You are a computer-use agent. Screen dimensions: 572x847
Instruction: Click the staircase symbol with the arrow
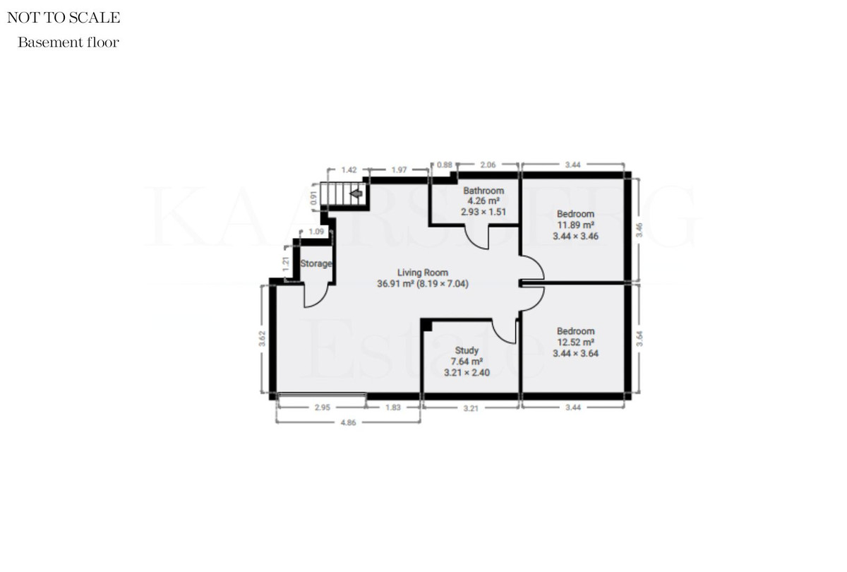pos(344,193)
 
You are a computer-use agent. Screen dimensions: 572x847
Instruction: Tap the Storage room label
pos(316,264)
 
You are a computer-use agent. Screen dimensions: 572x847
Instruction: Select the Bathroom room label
pos(483,191)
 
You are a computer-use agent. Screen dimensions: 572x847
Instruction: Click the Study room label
pos(467,350)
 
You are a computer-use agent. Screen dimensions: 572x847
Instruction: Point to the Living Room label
pos(422,273)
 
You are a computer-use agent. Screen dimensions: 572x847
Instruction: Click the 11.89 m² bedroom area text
pos(575,225)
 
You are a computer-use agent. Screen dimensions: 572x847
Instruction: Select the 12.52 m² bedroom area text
pos(575,342)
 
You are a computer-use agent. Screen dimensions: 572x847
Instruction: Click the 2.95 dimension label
pos(321,408)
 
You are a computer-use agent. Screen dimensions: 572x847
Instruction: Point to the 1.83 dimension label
pos(393,408)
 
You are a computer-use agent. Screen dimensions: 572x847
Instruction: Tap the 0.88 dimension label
pos(445,165)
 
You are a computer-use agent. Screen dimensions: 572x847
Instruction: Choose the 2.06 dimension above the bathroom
pos(488,165)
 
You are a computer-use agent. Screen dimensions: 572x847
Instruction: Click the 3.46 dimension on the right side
pos(639,229)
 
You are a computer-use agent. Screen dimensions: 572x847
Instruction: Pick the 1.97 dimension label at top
pos(400,170)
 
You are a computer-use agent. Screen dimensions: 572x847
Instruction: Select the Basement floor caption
pos(68,42)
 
